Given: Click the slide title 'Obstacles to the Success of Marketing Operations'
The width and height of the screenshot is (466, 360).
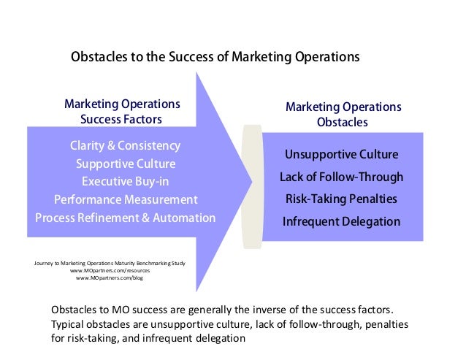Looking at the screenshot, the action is pyautogui.click(x=215, y=57).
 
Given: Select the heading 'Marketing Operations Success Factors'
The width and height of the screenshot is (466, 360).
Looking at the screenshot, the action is pyautogui.click(x=122, y=112).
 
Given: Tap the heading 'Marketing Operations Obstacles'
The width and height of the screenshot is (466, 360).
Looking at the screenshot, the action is pyautogui.click(x=343, y=115).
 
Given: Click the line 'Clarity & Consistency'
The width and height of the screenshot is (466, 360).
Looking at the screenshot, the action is pyautogui.click(x=125, y=145).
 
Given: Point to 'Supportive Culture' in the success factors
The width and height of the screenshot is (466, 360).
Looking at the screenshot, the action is pyautogui.click(x=125, y=164).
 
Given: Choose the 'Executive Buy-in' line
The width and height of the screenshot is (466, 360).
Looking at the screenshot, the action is pyautogui.click(x=125, y=181).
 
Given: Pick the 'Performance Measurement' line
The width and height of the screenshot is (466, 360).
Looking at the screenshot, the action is pyautogui.click(x=125, y=199).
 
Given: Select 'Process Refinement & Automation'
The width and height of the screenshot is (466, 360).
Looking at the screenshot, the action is pyautogui.click(x=125, y=218).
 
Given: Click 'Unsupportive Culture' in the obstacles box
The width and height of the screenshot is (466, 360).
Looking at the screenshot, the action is pyautogui.click(x=341, y=155).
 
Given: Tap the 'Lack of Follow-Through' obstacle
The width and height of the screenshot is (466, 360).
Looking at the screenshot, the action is pyautogui.click(x=341, y=177).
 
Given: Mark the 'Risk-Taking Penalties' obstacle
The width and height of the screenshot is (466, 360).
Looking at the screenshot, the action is pyautogui.click(x=341, y=199).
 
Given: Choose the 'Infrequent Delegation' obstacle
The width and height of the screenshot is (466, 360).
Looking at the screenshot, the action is pyautogui.click(x=341, y=221).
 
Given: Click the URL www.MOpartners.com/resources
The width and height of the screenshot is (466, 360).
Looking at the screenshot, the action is pyautogui.click(x=110, y=270).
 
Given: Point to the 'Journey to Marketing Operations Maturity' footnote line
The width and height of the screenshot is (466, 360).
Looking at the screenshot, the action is pyautogui.click(x=110, y=261).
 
